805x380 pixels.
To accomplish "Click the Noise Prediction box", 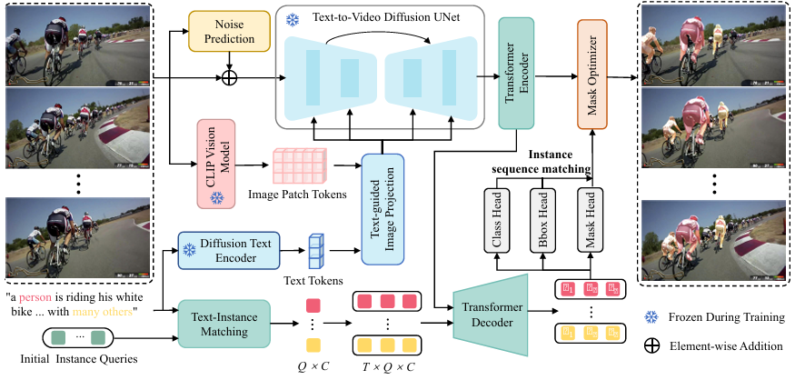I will tap(232, 32).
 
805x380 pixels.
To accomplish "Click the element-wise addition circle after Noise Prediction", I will tap(232, 80).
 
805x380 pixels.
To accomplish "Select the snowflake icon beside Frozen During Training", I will tap(650, 316).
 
